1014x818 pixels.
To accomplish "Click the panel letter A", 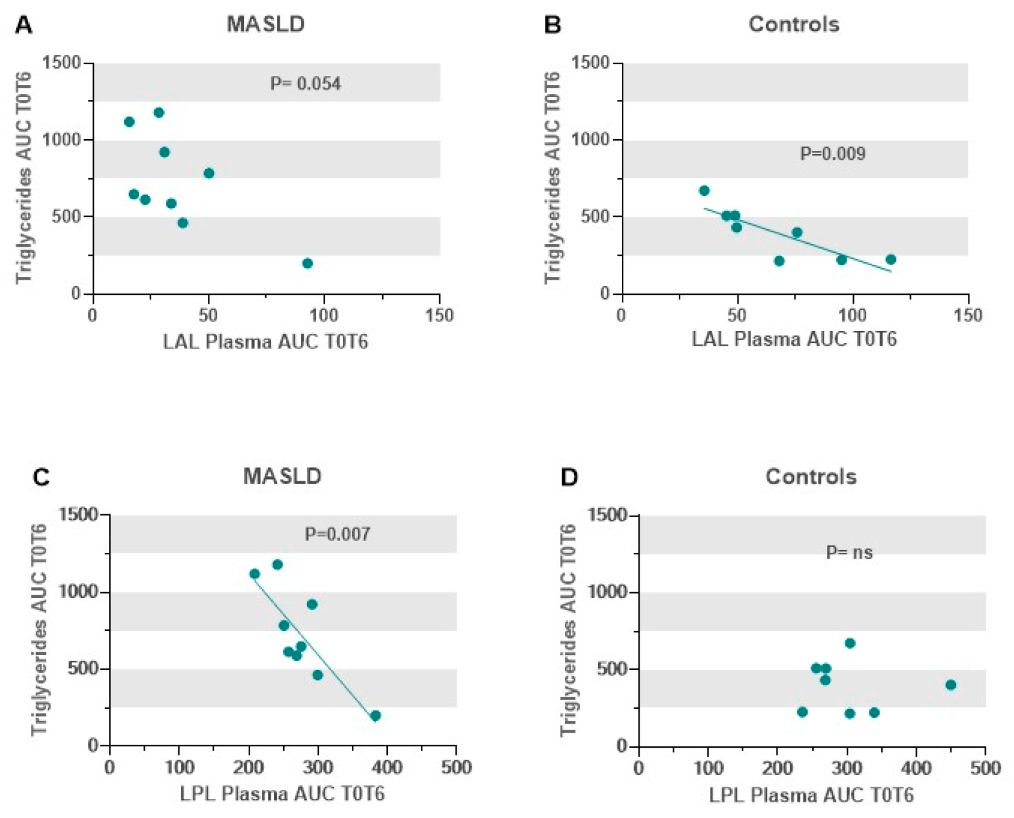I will coord(23,25).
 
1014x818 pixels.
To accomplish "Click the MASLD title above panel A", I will coord(266,24).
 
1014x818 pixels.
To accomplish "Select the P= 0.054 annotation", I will coord(305,84).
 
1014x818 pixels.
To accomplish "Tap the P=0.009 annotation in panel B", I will coord(832,154).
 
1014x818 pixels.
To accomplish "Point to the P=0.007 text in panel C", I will coord(337,534).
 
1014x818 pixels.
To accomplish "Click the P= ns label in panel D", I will coord(849,552).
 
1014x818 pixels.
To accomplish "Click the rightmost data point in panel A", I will coord(307,264).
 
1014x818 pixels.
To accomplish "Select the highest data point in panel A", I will coord(159,113).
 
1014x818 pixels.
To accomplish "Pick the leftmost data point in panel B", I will coord(704,191).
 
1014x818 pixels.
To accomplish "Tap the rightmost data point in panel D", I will coord(951,685).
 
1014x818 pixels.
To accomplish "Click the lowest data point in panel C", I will coord(376,716).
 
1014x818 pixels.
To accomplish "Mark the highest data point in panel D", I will coord(850,644).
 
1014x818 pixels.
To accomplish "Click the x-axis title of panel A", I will coord(265,342).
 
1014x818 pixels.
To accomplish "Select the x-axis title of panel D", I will coord(811,795).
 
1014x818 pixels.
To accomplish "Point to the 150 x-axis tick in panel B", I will coord(968,315).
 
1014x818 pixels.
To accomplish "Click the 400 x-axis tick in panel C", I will coord(387,768).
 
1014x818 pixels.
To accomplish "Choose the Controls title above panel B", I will coord(794,24).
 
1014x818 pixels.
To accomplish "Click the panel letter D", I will coord(569,477).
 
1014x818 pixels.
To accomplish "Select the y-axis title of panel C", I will coord(39,630).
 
